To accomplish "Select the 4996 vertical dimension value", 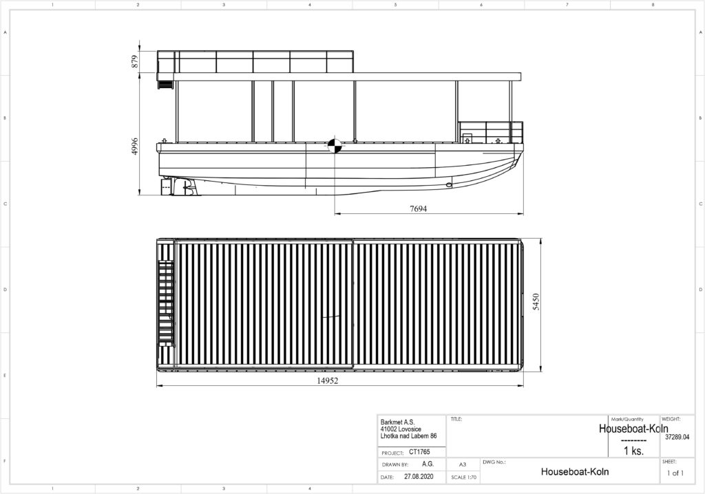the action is coord(135,147).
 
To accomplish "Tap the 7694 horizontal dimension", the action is coord(418,208).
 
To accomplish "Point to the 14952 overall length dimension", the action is coord(327,380).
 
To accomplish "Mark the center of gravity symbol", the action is coord(334,146).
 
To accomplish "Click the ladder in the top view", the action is coord(166,304).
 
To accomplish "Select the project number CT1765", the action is coord(419,452).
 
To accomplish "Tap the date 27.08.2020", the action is coord(419,477).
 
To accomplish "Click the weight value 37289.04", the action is coord(677,436).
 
